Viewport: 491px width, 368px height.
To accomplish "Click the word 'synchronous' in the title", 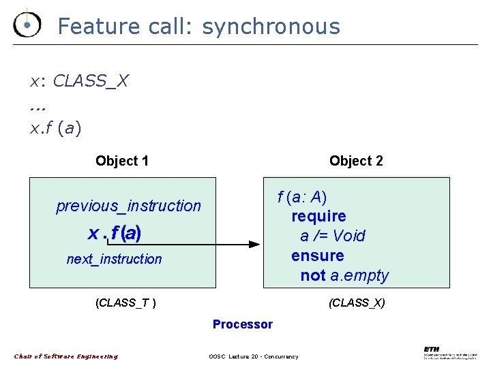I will click(271, 27).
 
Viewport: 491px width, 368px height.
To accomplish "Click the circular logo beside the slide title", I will click(27, 25).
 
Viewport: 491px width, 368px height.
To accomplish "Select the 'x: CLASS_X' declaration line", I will click(78, 81).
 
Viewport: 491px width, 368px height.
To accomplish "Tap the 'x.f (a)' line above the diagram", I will click(55, 127).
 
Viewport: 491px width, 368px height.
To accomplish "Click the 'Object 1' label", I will click(122, 161).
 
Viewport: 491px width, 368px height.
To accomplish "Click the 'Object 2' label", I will click(356, 161).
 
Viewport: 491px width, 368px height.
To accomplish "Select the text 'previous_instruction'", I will click(128, 206).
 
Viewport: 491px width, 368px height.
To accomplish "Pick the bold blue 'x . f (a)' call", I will click(115, 233).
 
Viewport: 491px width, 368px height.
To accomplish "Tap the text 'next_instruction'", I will click(114, 259).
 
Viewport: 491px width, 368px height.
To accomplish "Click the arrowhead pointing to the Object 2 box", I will click(254, 243).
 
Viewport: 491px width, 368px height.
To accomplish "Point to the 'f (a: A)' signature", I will click(301, 197).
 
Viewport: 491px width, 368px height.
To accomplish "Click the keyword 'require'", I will click(318, 216).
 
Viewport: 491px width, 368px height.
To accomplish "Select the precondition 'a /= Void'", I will click(333, 236).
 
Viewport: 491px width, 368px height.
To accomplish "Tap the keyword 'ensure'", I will click(317, 256).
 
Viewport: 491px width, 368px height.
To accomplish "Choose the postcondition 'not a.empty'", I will click(344, 275).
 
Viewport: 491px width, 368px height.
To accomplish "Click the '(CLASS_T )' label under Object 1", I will click(125, 303).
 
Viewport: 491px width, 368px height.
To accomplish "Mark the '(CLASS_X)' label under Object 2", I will click(357, 303).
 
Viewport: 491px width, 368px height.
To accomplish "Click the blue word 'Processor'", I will click(242, 324).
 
